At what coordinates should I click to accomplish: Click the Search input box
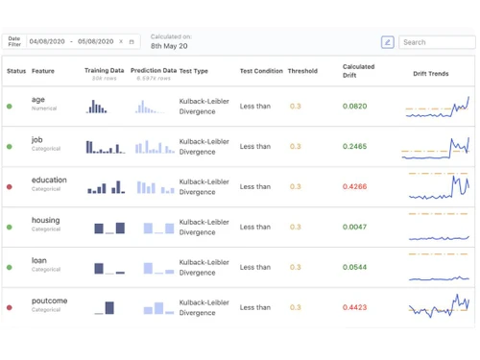[437, 42]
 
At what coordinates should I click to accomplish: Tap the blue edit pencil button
[387, 42]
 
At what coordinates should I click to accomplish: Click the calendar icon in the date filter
[132, 42]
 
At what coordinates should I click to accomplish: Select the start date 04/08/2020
[47, 42]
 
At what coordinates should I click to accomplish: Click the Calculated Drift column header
[359, 70]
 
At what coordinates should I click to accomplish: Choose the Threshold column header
[302, 70]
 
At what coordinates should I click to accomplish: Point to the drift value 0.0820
[355, 107]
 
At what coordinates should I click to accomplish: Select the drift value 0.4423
[355, 307]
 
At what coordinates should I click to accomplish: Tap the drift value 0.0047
[355, 227]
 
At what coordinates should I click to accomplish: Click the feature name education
[49, 180]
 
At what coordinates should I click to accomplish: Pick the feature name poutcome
[50, 300]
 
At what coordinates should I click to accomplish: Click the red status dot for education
[10, 187]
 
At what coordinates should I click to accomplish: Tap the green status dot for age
[10, 107]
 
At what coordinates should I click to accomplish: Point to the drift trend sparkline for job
[436, 147]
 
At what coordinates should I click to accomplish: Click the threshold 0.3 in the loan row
[295, 267]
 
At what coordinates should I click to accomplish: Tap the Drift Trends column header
[430, 74]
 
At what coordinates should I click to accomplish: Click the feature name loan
[39, 260]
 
